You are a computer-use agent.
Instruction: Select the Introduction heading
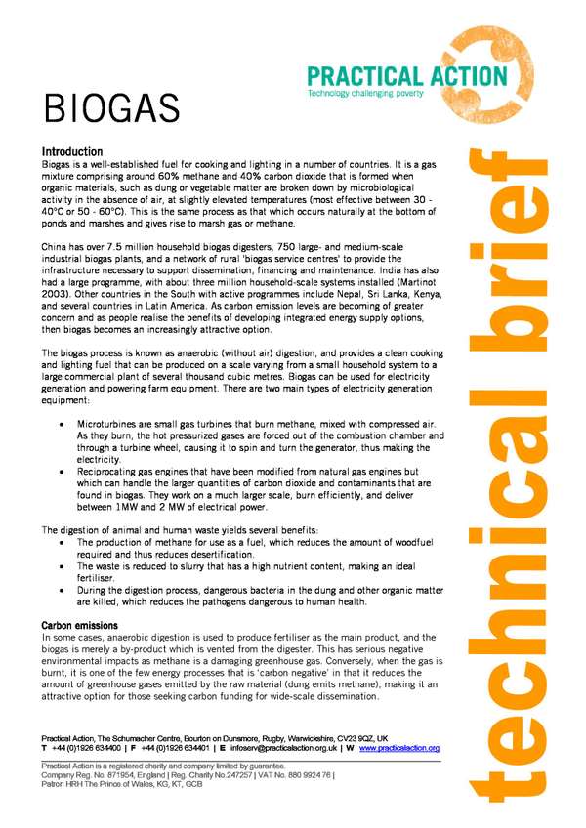click(x=71, y=152)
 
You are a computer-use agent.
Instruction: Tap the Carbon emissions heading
click(x=81, y=625)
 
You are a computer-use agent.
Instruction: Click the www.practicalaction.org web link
click(x=398, y=749)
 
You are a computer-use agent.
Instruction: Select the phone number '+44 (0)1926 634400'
click(x=88, y=749)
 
